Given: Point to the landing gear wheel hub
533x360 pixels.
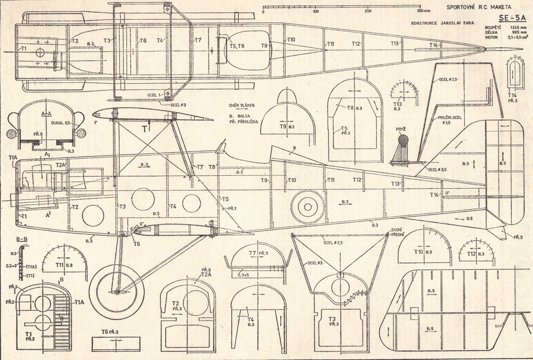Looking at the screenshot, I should [117, 291].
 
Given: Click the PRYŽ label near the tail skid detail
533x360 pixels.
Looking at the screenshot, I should [401, 129].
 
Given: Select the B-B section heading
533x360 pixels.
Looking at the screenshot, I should [22, 239].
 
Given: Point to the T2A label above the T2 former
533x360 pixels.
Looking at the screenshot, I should [206, 275].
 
